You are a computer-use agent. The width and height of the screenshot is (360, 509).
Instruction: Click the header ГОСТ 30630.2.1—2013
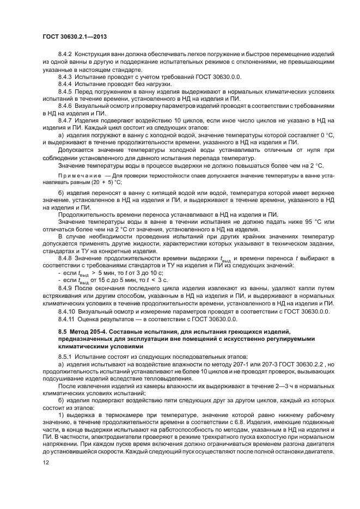(74, 36)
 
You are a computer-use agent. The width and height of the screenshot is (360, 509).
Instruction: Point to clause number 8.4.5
(65, 91)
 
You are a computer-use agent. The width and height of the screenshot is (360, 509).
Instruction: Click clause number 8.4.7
(65, 119)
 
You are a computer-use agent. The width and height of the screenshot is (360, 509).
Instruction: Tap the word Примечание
(76, 176)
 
